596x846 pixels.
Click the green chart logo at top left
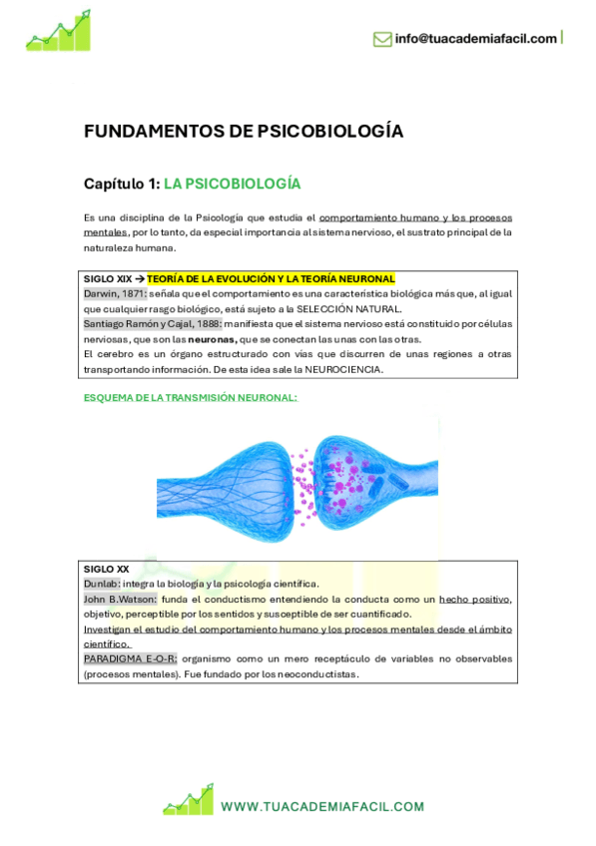58,31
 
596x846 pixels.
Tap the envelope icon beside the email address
381,39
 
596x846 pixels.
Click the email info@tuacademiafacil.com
475,39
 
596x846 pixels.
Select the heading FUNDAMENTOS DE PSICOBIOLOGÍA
244,131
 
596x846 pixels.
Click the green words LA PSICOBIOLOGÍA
232,184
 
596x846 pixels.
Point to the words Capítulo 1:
121,184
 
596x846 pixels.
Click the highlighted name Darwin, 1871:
115,293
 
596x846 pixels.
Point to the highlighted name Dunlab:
102,583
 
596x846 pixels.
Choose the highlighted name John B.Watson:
120,598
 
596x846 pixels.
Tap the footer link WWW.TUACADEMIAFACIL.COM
322,806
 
